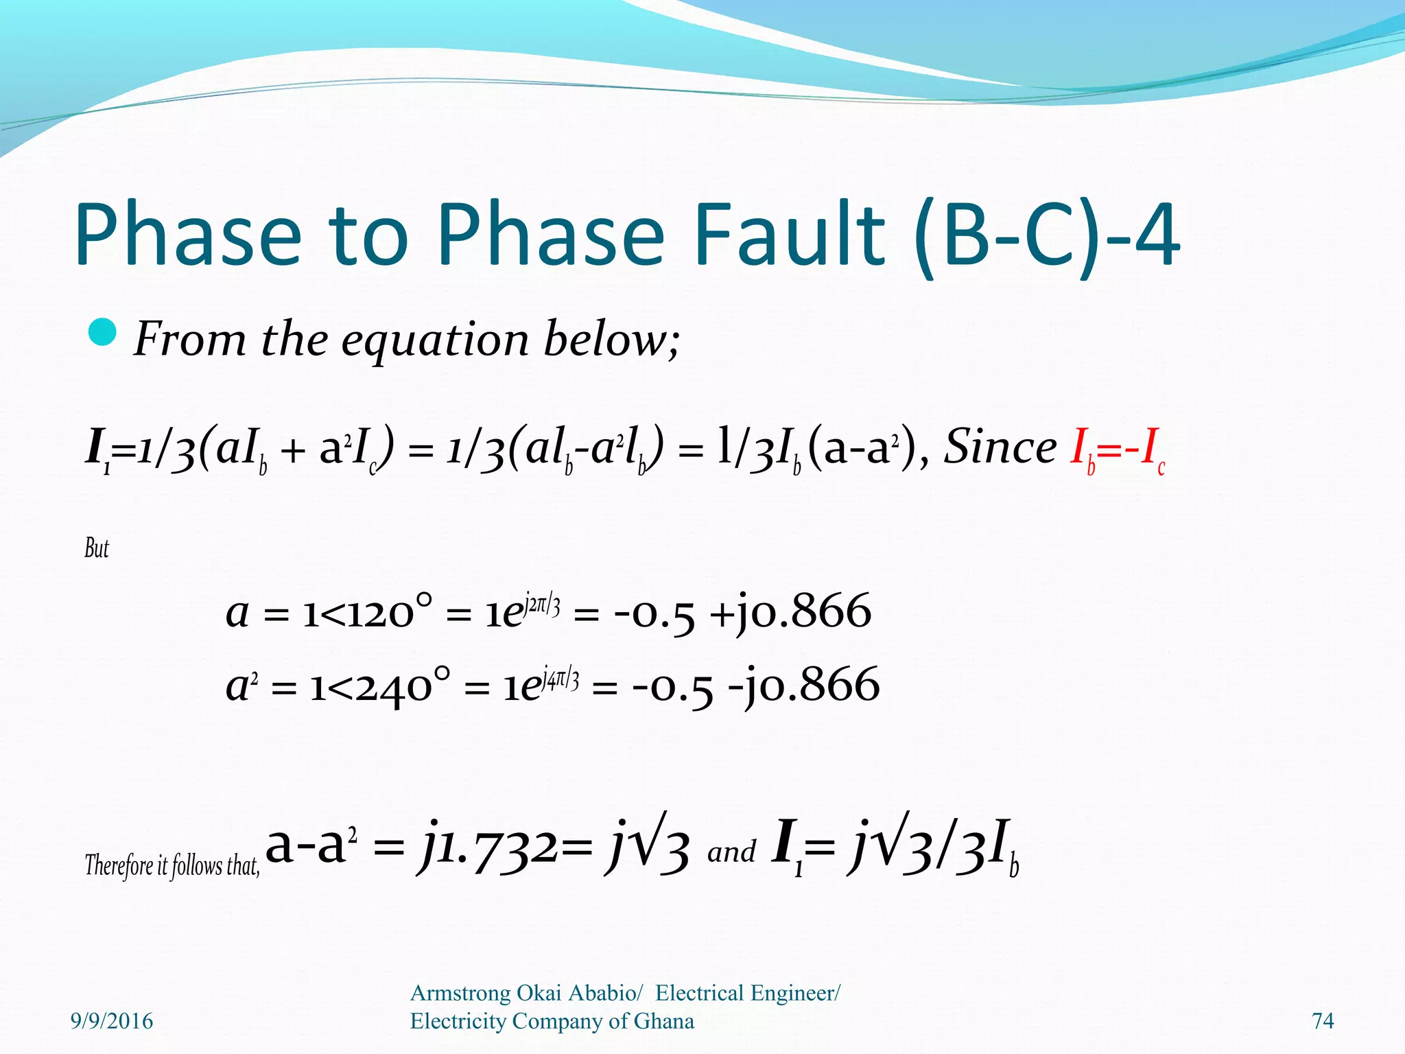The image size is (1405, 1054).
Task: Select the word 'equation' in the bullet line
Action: point(435,341)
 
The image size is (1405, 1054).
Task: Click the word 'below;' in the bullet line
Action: point(611,339)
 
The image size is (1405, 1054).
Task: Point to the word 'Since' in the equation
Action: point(1000,447)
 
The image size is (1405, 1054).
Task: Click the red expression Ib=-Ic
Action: point(1117,449)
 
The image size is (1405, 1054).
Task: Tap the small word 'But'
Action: point(97,548)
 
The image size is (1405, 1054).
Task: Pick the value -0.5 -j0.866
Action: point(755,686)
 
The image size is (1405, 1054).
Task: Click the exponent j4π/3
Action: point(560,679)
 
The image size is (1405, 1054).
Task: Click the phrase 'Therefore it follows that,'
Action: point(172,865)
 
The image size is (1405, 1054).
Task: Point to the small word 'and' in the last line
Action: point(731,853)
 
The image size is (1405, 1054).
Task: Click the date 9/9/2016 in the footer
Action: point(112,1021)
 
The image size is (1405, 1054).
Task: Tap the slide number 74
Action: point(1322,1021)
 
